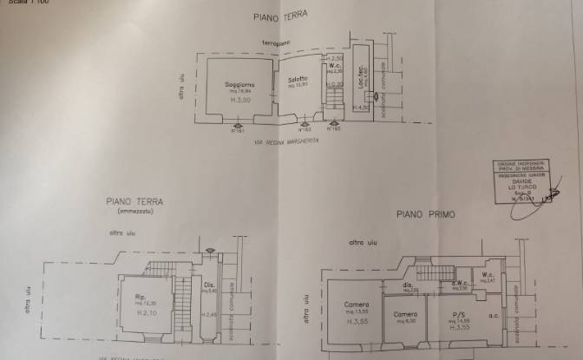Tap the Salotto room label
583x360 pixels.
(298, 81)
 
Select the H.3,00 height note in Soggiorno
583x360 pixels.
(239, 101)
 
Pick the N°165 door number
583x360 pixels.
(335, 128)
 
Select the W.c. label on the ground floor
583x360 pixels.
(334, 64)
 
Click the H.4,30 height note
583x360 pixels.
(362, 106)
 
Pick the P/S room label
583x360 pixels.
(450, 314)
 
